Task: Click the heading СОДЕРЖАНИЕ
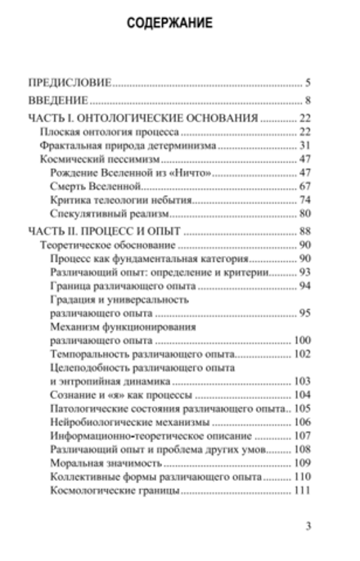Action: pos(170,24)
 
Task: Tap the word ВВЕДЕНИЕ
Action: pos(57,101)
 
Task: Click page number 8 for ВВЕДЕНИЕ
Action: pos(307,101)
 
